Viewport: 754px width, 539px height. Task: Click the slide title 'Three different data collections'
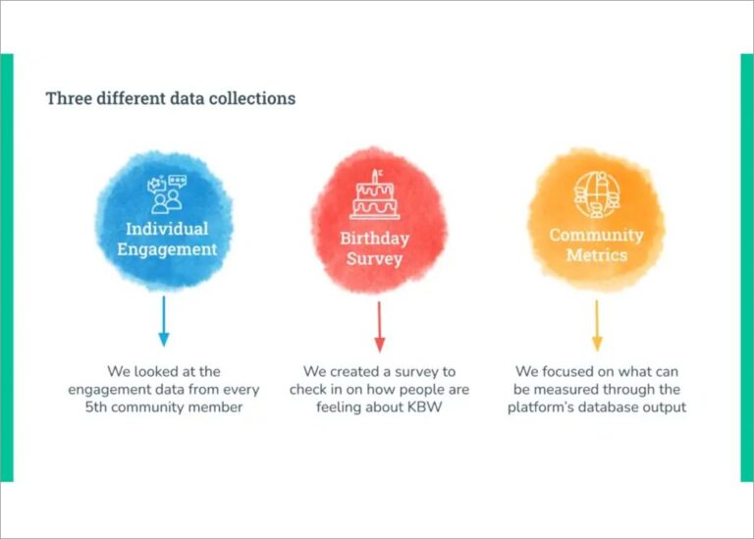click(x=170, y=99)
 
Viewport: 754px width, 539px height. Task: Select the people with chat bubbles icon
click(x=165, y=193)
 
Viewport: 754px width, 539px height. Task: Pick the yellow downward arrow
click(x=596, y=326)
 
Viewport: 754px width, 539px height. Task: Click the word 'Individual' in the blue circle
click(x=167, y=229)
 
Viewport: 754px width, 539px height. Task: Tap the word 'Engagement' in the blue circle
click(x=167, y=249)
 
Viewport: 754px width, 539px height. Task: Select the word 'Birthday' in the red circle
click(x=375, y=239)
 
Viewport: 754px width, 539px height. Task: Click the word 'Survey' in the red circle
click(x=374, y=259)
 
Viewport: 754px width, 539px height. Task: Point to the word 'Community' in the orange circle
click(x=596, y=236)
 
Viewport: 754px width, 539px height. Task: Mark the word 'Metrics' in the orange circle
click(x=596, y=255)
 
